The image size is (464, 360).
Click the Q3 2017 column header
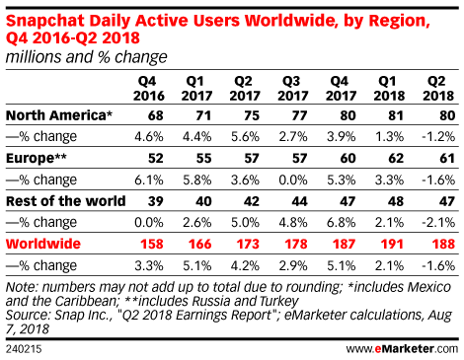(x=292, y=89)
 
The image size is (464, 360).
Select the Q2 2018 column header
(x=438, y=89)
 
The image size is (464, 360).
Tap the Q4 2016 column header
(x=149, y=89)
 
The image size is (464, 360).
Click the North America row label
(x=59, y=115)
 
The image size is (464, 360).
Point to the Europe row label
(x=37, y=158)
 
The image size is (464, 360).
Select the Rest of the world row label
(x=66, y=201)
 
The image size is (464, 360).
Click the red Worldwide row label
(x=43, y=244)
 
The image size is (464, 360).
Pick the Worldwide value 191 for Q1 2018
(x=392, y=244)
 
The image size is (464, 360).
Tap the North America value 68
(x=156, y=115)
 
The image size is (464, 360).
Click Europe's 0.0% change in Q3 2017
(x=293, y=180)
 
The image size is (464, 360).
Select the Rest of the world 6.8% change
(x=341, y=223)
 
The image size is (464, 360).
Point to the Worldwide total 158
(x=152, y=244)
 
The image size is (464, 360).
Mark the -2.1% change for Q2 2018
(x=438, y=223)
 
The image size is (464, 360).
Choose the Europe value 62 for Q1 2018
(x=396, y=159)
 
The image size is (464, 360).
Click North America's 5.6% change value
(x=245, y=137)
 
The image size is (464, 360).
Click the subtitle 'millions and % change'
(x=87, y=57)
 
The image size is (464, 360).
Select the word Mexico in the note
(x=429, y=287)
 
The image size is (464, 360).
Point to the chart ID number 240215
(x=24, y=349)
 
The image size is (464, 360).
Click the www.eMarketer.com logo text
(x=402, y=348)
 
